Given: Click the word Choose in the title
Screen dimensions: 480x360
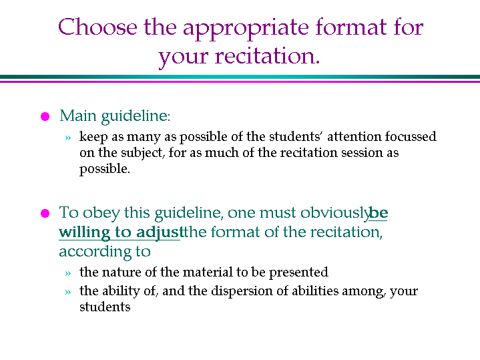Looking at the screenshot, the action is [97, 27].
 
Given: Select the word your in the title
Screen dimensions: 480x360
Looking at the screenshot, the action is [183, 57].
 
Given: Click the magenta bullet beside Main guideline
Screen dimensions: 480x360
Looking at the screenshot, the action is [45, 116].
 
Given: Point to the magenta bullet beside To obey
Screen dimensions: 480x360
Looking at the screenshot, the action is [45, 213].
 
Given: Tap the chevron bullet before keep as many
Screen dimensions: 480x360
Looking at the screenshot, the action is [68, 138].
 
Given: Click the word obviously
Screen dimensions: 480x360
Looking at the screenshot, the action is [334, 213].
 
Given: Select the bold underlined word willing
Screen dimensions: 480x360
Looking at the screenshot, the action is [85, 233].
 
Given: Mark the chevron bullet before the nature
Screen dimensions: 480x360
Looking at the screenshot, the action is [68, 273].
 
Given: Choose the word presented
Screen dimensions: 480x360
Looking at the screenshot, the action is [298, 273].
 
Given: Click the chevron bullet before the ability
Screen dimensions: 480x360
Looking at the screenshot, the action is [68, 292].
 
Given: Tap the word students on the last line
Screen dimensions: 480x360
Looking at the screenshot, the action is [105, 307].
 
